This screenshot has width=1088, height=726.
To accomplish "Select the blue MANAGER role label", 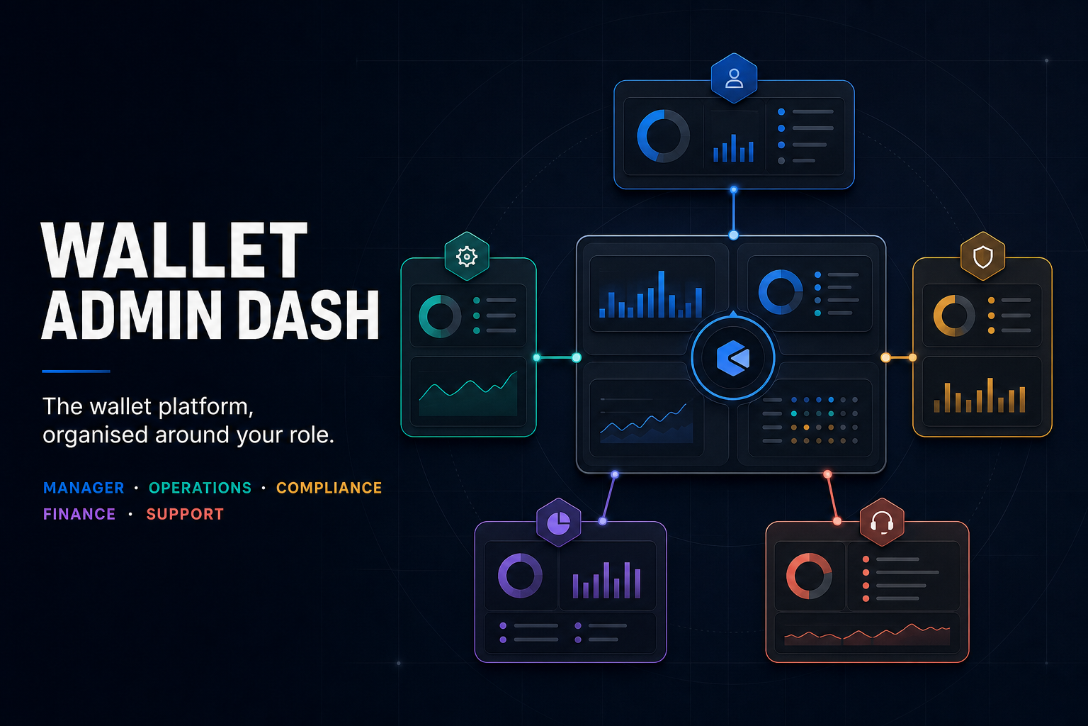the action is click(84, 488).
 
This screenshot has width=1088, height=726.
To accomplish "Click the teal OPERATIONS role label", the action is click(200, 488).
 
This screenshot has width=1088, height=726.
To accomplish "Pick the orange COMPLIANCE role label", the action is click(329, 488).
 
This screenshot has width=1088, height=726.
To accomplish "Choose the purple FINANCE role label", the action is click(79, 514).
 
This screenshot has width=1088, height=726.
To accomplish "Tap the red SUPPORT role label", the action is click(185, 514).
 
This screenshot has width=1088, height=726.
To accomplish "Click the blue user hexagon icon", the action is click(734, 78).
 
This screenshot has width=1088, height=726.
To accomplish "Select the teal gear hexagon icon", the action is click(467, 256).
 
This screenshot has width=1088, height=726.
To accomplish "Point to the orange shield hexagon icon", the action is click(982, 256).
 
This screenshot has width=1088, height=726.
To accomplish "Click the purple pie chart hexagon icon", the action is click(559, 523).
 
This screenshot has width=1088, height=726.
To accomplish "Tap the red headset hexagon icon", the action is click(882, 523).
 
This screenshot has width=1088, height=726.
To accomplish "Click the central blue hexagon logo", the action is click(733, 358).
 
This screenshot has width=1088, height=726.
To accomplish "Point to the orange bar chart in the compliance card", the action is click(980, 396).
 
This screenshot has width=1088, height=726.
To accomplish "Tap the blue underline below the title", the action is click(76, 371).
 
